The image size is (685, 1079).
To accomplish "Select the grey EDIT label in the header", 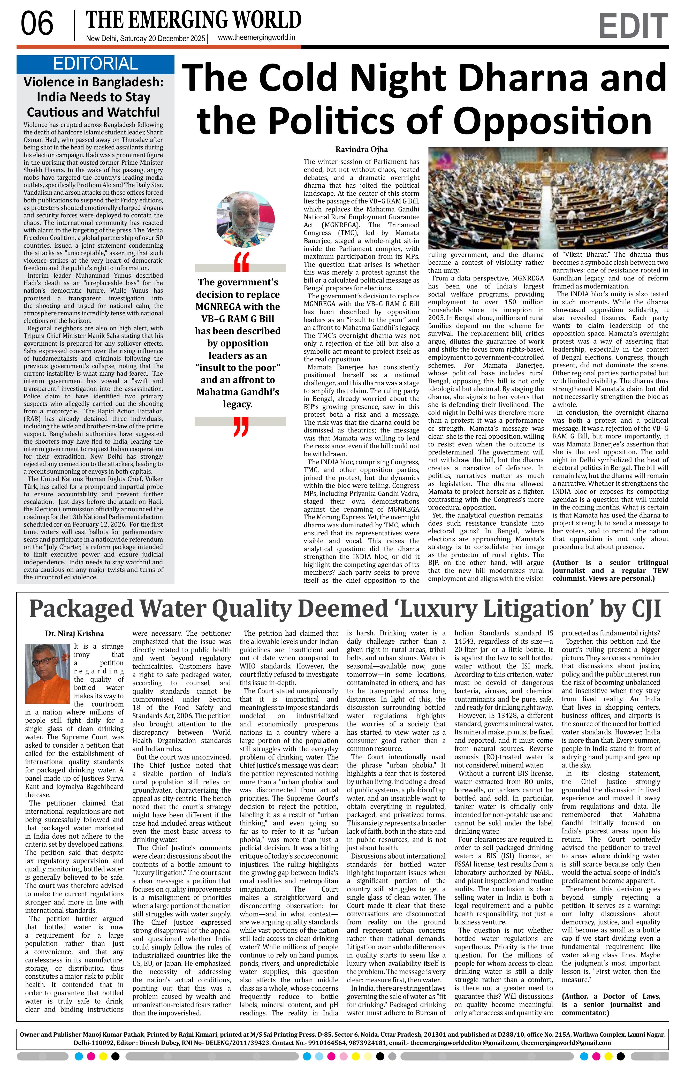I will click(633, 26).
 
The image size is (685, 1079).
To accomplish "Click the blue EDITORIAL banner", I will click(95, 64).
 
